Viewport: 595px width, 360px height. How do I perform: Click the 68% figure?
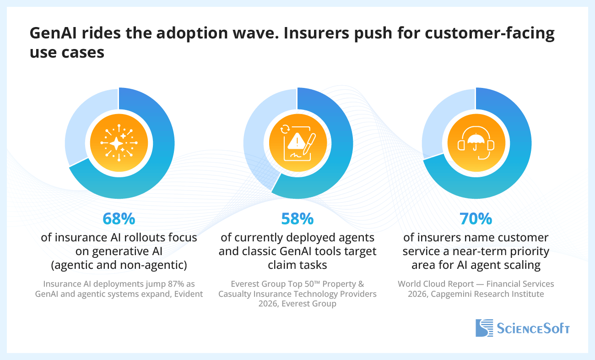tap(119, 219)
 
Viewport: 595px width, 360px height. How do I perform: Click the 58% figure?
tap(297, 219)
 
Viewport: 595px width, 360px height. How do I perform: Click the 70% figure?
tap(476, 219)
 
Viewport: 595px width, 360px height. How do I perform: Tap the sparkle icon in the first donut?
tap(119, 143)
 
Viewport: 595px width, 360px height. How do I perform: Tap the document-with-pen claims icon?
tap(297, 143)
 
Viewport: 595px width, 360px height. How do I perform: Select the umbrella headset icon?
tap(476, 143)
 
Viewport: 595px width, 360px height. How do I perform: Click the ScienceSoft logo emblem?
tap(484, 328)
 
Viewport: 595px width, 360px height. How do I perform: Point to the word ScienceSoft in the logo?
tap(533, 328)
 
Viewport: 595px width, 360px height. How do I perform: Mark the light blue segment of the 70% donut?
tap(442, 119)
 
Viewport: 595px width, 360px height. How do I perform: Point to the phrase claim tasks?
tap(297, 265)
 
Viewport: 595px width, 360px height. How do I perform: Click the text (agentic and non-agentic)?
tap(119, 265)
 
